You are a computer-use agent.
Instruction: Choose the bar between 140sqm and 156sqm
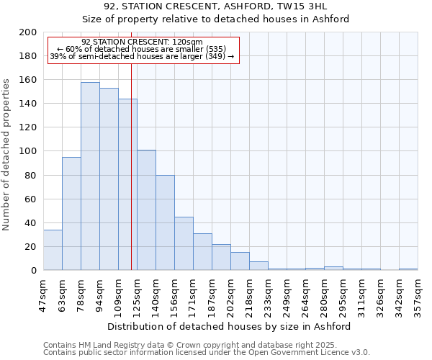click(165, 222)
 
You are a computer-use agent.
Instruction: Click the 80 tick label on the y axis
click(30, 175)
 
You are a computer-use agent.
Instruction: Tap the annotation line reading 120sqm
click(142, 42)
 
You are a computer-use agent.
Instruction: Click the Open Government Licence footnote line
click(207, 352)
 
